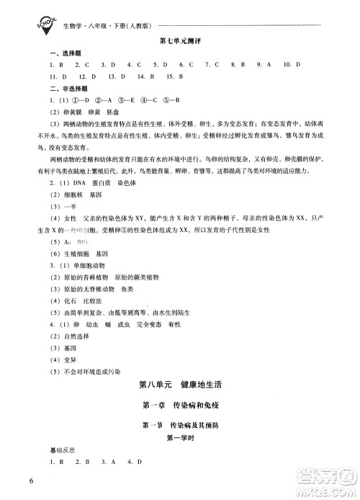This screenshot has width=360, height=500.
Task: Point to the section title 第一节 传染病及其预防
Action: coord(181,426)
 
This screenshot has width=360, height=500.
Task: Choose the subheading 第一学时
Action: coord(181,438)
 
